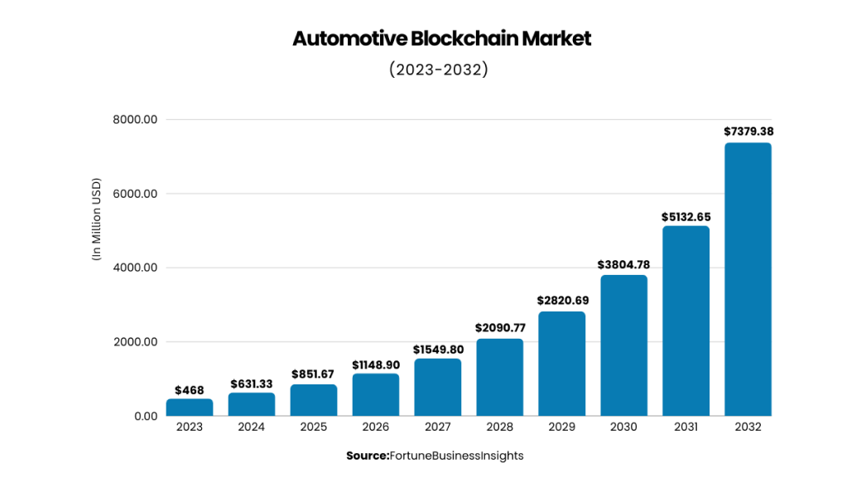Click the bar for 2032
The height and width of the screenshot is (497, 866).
click(x=748, y=279)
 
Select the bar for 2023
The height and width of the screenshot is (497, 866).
click(x=190, y=407)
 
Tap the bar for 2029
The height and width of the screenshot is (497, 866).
click(x=561, y=364)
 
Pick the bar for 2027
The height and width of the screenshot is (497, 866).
click(x=438, y=387)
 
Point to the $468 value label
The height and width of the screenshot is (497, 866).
click(x=190, y=390)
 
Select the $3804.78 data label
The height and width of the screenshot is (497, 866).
click(x=623, y=264)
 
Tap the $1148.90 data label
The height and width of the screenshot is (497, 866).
click(x=376, y=364)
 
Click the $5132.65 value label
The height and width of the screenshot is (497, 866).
click(x=686, y=217)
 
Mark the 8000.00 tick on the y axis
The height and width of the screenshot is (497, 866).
click(x=135, y=119)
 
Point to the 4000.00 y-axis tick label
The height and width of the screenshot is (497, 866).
click(x=135, y=268)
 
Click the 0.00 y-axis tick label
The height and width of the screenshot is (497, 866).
click(x=146, y=416)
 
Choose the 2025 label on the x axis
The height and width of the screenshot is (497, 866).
click(x=314, y=427)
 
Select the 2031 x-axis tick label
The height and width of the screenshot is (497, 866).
click(x=686, y=427)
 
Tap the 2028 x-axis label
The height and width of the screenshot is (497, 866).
click(x=499, y=427)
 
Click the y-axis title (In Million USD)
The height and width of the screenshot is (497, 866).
click(x=96, y=220)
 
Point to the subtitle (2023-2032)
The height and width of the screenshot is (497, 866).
click(x=438, y=70)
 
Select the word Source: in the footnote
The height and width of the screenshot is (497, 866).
click(x=367, y=456)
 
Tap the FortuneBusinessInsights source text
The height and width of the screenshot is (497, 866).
click(x=456, y=456)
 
